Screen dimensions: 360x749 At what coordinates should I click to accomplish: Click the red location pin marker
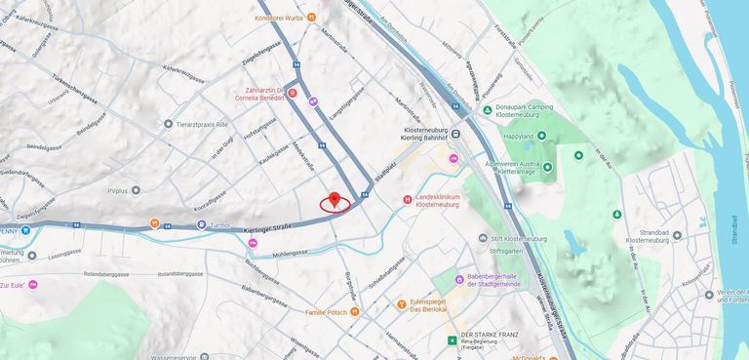tap(335, 200)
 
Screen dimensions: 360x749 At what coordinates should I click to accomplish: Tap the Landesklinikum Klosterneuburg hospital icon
tap(408, 200)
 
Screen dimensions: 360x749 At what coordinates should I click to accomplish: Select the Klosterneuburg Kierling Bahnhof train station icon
tap(455, 135)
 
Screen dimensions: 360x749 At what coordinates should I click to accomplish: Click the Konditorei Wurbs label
tap(278, 17)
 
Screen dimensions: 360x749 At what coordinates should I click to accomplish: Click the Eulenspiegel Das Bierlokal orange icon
tap(402, 304)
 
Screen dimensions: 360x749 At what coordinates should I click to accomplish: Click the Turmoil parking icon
tap(202, 224)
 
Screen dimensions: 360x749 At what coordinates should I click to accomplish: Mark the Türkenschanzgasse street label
tap(64, 97)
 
